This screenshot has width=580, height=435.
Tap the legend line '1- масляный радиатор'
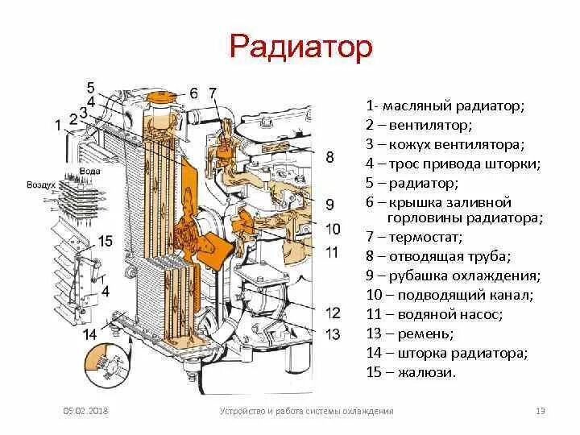[444, 106]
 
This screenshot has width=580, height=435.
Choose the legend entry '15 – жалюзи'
[410, 371]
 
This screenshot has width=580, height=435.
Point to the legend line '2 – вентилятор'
[418, 125]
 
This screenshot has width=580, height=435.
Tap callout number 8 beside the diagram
[329, 157]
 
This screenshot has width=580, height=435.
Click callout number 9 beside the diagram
[329, 203]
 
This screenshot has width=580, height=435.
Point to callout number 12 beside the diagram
[333, 313]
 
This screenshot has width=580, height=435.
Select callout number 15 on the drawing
[106, 241]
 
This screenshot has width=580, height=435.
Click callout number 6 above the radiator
[194, 93]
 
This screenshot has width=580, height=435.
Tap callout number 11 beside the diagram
[332, 253]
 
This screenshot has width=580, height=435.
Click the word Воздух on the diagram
[40, 184]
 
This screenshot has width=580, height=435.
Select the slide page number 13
[541, 412]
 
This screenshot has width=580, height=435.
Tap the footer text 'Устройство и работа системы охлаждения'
[306, 412]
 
